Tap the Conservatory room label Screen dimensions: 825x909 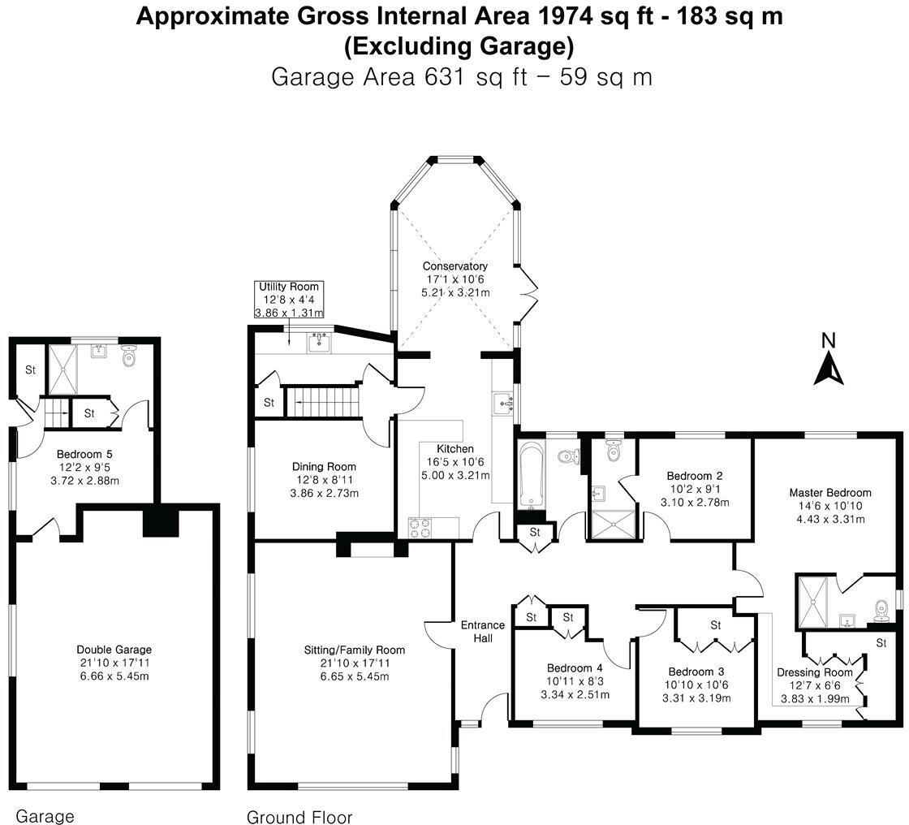click(x=454, y=266)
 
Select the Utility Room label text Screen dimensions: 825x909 click(x=289, y=287)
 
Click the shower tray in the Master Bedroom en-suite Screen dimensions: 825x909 click(x=812, y=602)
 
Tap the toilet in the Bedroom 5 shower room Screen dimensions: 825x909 click(x=129, y=356)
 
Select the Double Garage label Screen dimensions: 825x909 click(x=114, y=650)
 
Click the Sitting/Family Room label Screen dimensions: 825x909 click(x=354, y=650)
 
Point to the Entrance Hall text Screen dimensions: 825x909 click(x=483, y=631)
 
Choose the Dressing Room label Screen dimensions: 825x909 click(x=814, y=672)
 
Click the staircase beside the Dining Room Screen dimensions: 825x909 click(x=322, y=402)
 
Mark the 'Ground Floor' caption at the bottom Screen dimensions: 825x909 click(x=299, y=817)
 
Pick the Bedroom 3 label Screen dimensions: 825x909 click(x=696, y=672)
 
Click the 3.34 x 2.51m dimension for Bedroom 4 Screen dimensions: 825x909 click(x=575, y=694)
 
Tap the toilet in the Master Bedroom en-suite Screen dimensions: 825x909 click(x=882, y=607)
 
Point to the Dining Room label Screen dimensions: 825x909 click(x=324, y=466)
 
